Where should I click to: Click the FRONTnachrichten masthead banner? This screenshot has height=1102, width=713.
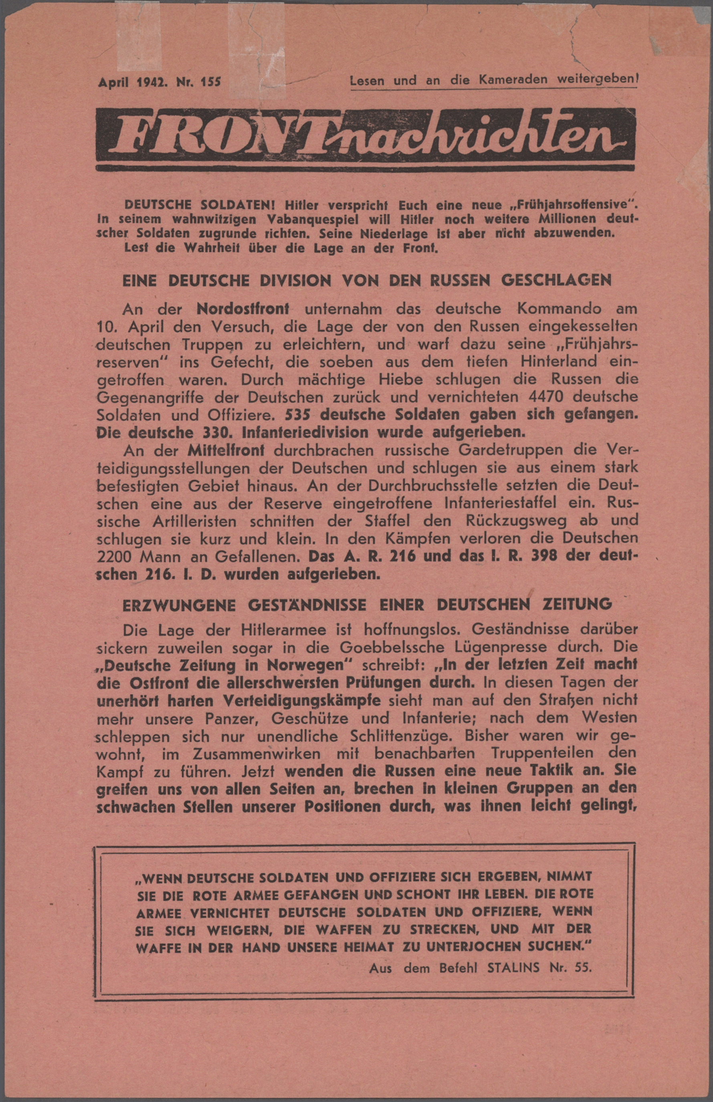point(365,137)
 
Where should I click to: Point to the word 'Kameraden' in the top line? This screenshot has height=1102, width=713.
point(513,80)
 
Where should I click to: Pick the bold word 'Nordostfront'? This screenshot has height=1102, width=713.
point(242,308)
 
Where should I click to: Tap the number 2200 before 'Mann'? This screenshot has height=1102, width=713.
point(116,556)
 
